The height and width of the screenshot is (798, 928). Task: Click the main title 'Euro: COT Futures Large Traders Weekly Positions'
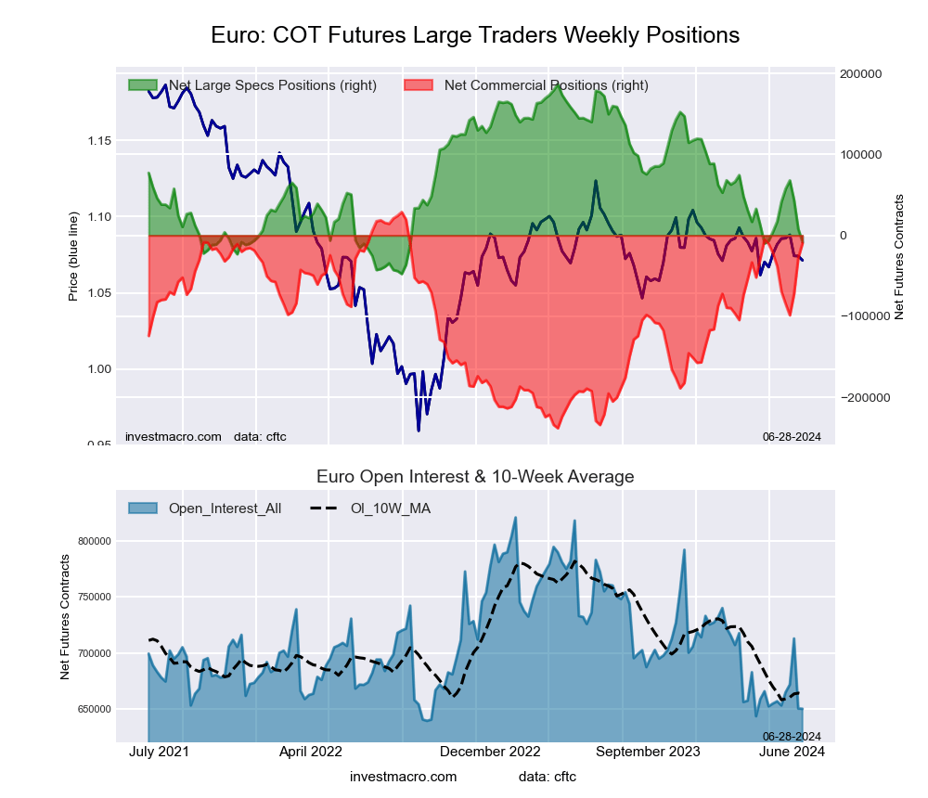[x=475, y=35]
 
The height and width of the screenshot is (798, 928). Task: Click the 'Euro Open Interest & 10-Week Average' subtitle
[x=475, y=477]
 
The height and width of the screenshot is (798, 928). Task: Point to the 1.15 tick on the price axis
[x=98, y=140]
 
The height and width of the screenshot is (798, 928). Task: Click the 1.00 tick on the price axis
[x=98, y=369]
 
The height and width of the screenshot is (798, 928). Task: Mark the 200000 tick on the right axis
[x=859, y=74]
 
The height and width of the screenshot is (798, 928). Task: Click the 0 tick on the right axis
[x=844, y=236]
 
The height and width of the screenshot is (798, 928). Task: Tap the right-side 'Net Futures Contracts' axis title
[x=898, y=257]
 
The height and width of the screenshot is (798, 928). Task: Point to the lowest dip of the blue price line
[x=419, y=431]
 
